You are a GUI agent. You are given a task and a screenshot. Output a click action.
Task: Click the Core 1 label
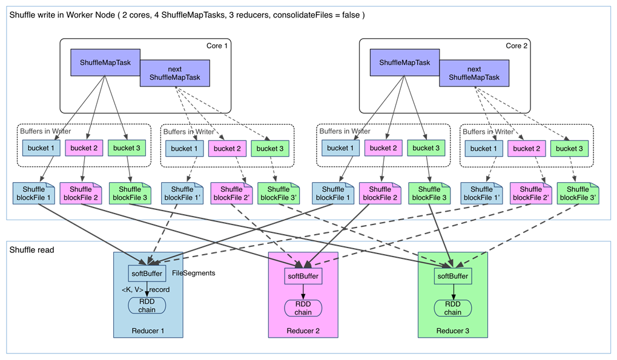coord(217,45)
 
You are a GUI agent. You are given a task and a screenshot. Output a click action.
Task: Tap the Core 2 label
coord(516,45)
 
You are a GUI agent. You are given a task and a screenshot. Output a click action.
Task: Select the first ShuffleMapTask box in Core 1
coord(105,62)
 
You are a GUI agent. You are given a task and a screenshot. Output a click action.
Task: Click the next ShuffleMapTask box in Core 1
coord(175,73)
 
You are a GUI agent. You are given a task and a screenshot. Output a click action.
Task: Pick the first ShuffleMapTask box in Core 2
coord(404,62)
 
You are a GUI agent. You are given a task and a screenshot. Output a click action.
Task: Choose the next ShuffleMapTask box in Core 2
coord(474,73)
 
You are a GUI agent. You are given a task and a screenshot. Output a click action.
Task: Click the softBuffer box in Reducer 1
coord(147,273)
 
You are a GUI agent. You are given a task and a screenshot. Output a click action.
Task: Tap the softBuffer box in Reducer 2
coord(303,276)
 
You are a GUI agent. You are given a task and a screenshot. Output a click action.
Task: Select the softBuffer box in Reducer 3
coord(452,276)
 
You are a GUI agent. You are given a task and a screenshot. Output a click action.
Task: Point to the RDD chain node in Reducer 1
coord(147,306)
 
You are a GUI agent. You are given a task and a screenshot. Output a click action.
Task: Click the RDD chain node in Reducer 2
coord(303,308)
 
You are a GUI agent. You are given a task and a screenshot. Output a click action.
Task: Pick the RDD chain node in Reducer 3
coord(452,308)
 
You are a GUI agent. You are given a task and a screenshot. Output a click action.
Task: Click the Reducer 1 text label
coord(148,331)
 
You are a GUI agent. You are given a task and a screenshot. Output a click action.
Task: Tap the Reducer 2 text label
coord(303,331)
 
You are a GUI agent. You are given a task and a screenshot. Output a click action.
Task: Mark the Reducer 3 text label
coord(452,331)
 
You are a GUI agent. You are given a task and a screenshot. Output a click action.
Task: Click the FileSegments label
coord(194,273)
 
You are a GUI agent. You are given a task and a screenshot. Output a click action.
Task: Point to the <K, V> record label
coord(145,290)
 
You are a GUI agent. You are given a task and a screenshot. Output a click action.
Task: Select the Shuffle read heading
coord(32,250)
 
